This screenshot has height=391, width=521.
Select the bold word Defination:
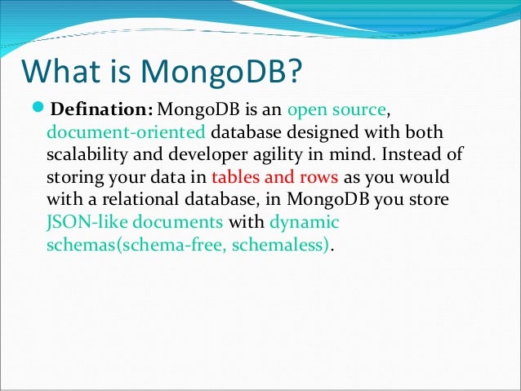[x=102, y=110]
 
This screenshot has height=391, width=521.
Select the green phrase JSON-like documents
[x=135, y=223]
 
